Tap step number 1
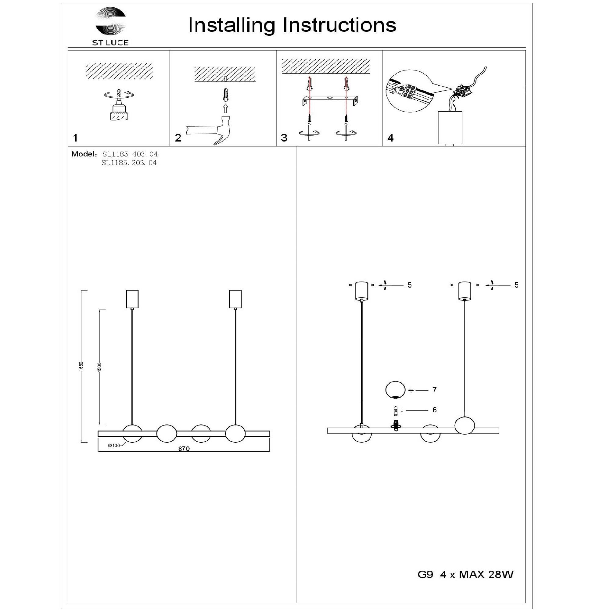click(75, 138)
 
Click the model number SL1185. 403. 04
click(130, 154)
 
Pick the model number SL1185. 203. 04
click(129, 163)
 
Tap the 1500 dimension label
click(100, 367)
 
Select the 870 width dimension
click(184, 449)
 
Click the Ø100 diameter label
click(114, 446)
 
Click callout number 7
click(434, 390)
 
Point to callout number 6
click(434, 410)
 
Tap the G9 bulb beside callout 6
click(395, 411)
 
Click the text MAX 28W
click(486, 583)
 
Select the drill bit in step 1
click(119, 94)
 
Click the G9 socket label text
click(425, 583)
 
